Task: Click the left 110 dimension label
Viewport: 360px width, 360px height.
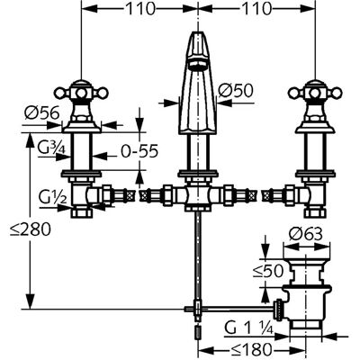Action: tap(139, 9)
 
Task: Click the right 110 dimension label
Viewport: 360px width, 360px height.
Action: tap(256, 9)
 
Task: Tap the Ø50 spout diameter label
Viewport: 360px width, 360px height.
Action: tap(236, 91)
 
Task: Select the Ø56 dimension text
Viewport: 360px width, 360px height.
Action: tap(42, 113)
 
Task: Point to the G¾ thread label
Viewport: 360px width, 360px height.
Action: tap(51, 148)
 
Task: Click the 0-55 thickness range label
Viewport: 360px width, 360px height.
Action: tap(139, 152)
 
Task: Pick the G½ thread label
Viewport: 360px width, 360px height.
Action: tap(51, 197)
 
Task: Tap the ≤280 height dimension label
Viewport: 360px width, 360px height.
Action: tap(30, 229)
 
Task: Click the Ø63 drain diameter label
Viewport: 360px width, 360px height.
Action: tap(305, 234)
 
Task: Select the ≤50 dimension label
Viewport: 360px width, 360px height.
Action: tap(268, 271)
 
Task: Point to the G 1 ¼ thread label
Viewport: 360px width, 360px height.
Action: tap(248, 328)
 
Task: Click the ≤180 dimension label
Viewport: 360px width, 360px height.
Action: tap(251, 349)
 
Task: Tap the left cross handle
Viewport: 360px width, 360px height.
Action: tap(81, 93)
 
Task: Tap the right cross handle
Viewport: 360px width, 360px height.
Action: tap(315, 93)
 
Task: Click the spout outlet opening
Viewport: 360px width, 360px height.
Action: tap(196, 64)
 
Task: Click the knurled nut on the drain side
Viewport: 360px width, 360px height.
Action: tap(279, 310)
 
